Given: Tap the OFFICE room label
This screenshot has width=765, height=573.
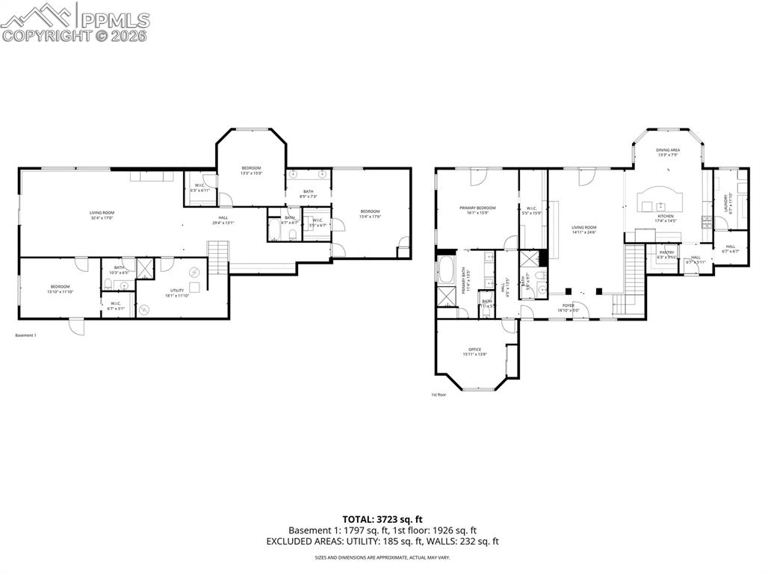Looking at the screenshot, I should tap(474, 349).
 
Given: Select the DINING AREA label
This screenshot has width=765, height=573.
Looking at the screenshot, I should tap(668, 150).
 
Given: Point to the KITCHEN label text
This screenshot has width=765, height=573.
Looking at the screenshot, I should tap(665, 216).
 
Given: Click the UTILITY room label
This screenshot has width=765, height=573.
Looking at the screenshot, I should tap(177, 290).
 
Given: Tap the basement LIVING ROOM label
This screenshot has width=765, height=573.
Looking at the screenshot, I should tap(102, 213).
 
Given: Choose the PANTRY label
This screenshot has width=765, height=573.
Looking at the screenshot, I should tap(666, 252).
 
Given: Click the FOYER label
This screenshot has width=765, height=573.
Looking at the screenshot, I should tap(569, 305).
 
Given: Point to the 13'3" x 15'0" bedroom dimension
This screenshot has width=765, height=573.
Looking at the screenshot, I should tap(251, 173).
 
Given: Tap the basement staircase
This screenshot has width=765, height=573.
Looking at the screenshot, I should tap(217, 257).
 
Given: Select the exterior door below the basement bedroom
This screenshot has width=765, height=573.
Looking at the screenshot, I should tap(76, 326).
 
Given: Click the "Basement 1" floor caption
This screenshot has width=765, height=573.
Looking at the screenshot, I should tap(25, 335).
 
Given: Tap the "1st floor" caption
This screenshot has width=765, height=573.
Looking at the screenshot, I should tap(439, 394).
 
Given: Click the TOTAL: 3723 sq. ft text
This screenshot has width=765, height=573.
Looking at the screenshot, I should tap(382, 518).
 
